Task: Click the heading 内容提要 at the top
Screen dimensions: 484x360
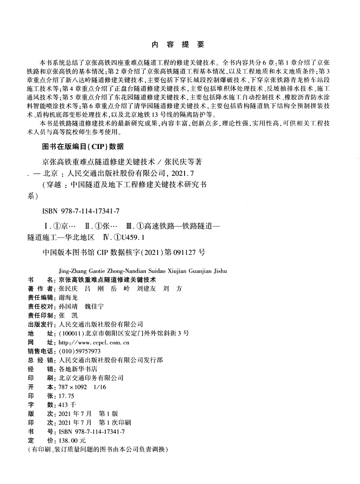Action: (x=178, y=45)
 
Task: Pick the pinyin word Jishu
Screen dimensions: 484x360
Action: (x=219, y=271)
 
